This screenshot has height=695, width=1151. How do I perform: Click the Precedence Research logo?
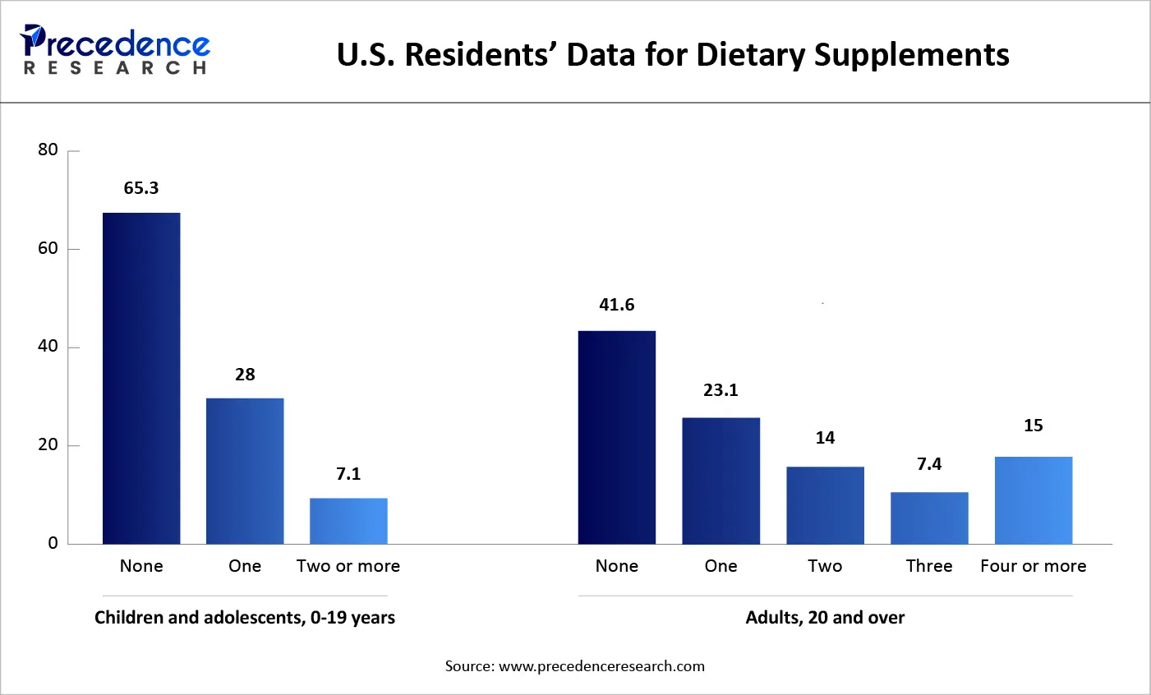pos(115,51)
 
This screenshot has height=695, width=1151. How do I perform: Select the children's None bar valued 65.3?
pos(141,378)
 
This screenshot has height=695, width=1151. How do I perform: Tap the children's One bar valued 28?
pos(245,471)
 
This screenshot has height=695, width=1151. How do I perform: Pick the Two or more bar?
pos(348,521)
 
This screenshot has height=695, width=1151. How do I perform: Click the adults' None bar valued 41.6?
pos(617,437)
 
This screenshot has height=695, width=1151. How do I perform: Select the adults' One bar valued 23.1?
pos(721,481)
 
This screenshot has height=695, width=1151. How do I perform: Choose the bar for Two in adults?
pos(825,505)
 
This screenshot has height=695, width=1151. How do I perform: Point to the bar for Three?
pos(929,518)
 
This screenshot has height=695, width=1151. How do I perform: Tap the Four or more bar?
pos(1034,500)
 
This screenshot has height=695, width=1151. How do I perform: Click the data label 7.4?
pos(929,464)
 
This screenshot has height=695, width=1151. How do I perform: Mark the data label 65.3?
pos(141,188)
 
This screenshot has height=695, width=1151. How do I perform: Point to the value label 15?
pos(1034,426)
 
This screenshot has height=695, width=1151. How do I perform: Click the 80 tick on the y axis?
pos(48,150)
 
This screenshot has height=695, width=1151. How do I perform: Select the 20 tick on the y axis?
pos(48,444)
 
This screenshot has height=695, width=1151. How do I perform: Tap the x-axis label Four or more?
pos(1034,566)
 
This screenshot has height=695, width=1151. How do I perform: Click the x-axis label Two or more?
pos(348,566)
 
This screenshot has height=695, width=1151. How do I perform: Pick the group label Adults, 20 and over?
pos(825,618)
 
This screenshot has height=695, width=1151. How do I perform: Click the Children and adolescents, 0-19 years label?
pos(245,618)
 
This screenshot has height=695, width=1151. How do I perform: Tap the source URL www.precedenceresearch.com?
pos(601,666)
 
